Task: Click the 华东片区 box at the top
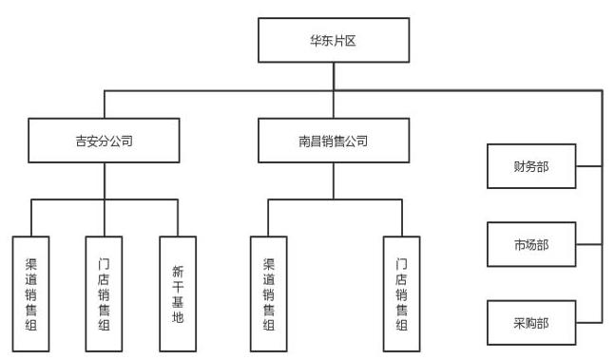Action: [x=334, y=40]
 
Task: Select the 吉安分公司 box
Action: [x=104, y=141]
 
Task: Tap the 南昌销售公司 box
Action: [x=334, y=141]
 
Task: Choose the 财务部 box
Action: [x=531, y=166]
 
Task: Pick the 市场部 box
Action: [x=531, y=244]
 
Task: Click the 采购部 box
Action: [x=531, y=323]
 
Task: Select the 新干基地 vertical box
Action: [x=178, y=294]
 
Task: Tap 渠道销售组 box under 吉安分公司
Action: [x=31, y=294]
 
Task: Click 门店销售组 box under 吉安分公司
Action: [x=104, y=294]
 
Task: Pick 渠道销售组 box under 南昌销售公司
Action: [x=269, y=294]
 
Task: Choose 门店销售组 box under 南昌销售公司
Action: [x=402, y=294]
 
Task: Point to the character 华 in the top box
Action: [x=317, y=40]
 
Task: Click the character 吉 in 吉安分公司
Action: [x=81, y=141]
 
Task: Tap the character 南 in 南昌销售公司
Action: [x=304, y=141]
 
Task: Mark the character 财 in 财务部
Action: [x=520, y=166]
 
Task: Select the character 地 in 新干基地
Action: [x=178, y=316]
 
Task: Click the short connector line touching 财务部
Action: [x=589, y=166]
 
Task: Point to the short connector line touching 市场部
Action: [x=589, y=244]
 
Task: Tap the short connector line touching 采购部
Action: [x=589, y=323]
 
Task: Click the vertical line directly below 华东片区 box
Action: [x=334, y=76]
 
